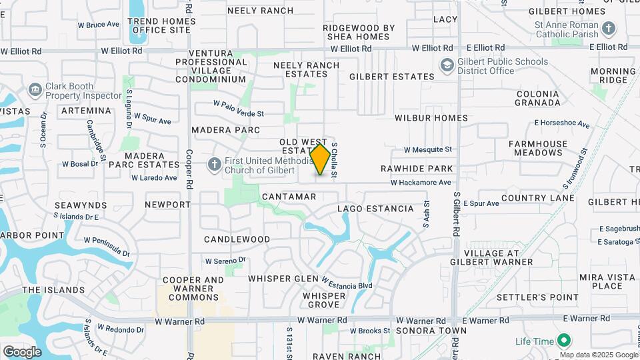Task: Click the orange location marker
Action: (x=321, y=160)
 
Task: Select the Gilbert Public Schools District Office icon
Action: (x=446, y=66)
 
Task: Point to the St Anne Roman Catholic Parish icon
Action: (x=608, y=29)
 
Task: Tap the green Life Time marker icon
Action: (x=564, y=341)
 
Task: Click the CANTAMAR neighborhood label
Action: (x=289, y=197)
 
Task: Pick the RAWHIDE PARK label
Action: (x=417, y=169)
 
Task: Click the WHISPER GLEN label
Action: (x=283, y=278)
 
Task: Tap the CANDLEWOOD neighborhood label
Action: (x=237, y=239)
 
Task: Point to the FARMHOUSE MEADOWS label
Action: (x=538, y=148)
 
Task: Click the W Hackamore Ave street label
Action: (x=421, y=182)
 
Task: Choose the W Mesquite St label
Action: (x=427, y=149)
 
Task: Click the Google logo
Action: (x=22, y=351)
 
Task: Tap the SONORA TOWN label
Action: (x=422, y=331)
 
